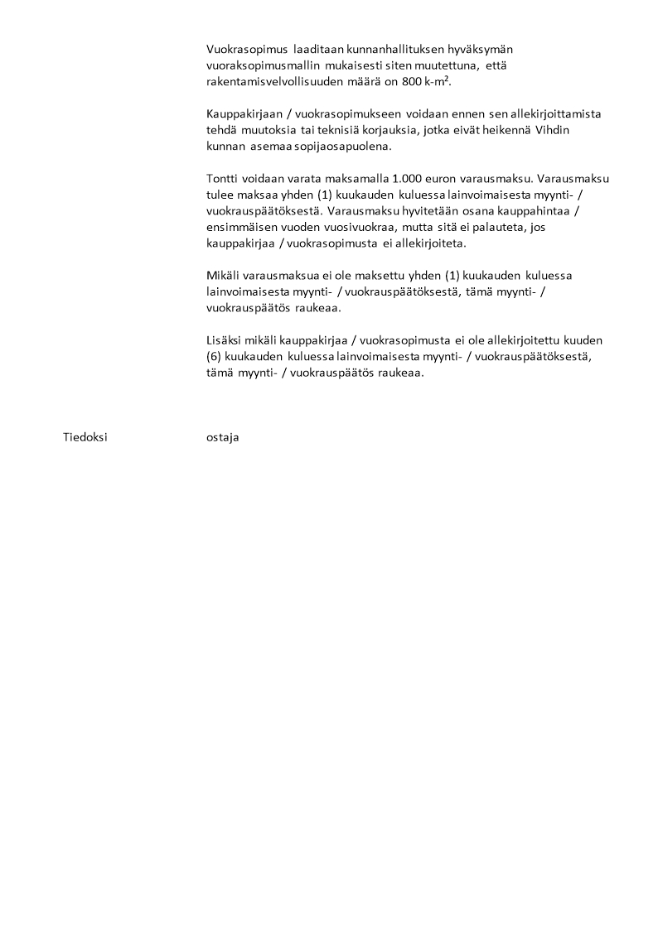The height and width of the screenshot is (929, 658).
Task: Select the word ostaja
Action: coord(222,437)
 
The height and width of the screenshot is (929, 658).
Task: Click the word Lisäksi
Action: coord(225,340)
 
